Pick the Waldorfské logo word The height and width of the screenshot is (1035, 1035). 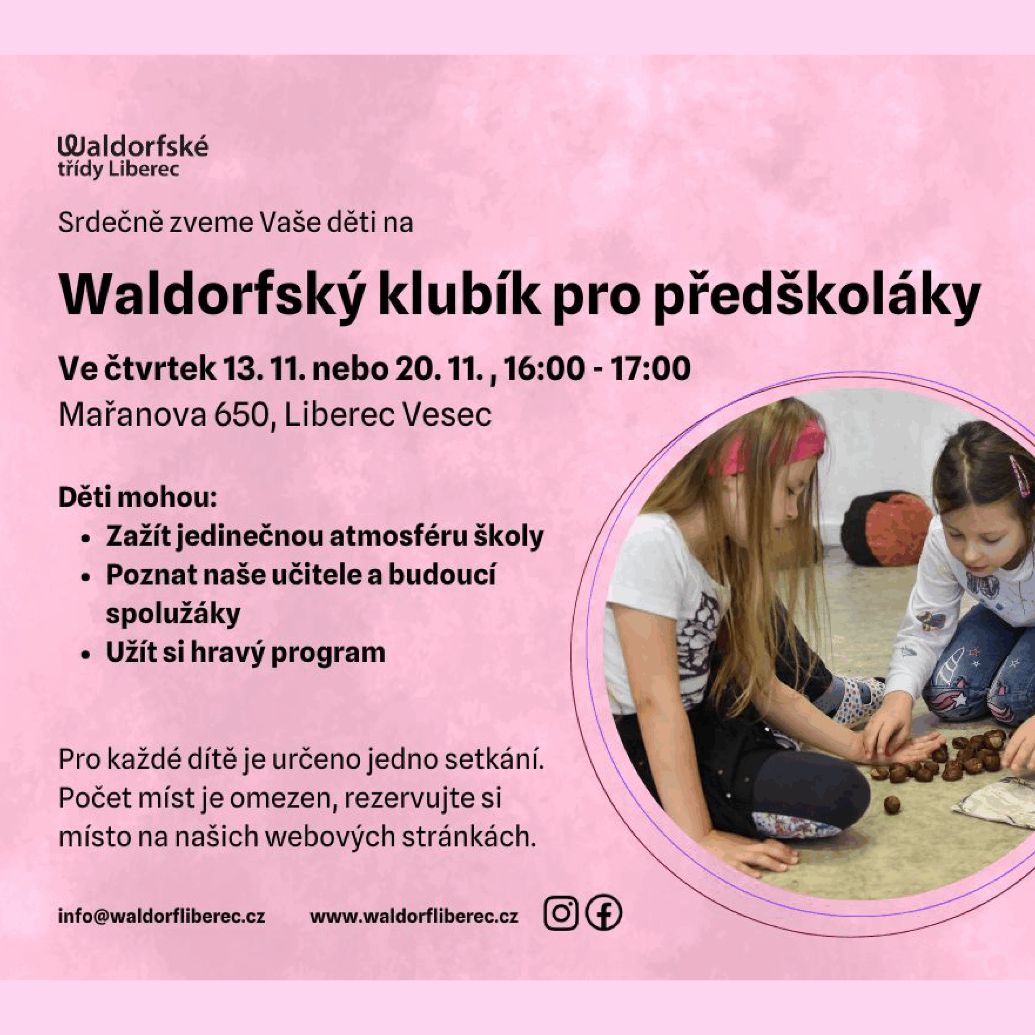(x=133, y=146)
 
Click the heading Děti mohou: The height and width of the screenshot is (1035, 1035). (x=137, y=498)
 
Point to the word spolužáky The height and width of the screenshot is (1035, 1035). (x=173, y=615)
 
